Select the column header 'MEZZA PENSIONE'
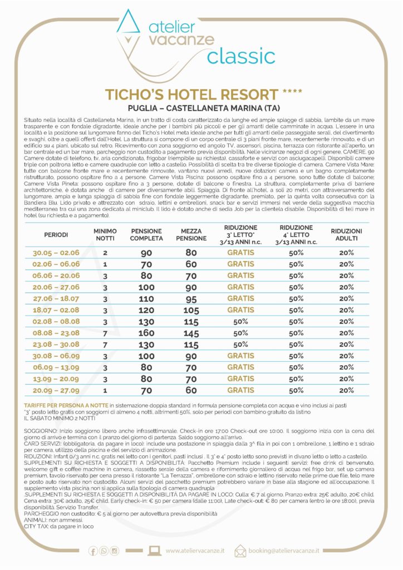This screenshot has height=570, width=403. click(x=191, y=234)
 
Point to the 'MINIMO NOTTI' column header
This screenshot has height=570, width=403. click(x=105, y=234)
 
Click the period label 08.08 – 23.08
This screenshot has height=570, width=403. click(x=56, y=333)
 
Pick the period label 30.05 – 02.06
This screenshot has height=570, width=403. click(x=56, y=253)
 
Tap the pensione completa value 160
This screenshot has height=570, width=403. click(x=146, y=333)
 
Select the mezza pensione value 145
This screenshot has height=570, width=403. click(x=191, y=333)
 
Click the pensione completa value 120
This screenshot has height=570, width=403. click(x=146, y=310)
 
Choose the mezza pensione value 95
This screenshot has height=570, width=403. click(x=191, y=298)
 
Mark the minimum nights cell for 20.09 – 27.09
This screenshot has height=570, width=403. click(x=105, y=390)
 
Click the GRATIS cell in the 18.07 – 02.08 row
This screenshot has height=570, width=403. click(x=240, y=310)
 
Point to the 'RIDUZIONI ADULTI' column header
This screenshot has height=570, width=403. click(x=346, y=234)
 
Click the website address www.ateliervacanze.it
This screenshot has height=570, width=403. click(x=195, y=551)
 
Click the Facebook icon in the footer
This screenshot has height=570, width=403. click(x=93, y=551)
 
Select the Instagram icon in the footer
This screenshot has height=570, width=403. click(x=115, y=551)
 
